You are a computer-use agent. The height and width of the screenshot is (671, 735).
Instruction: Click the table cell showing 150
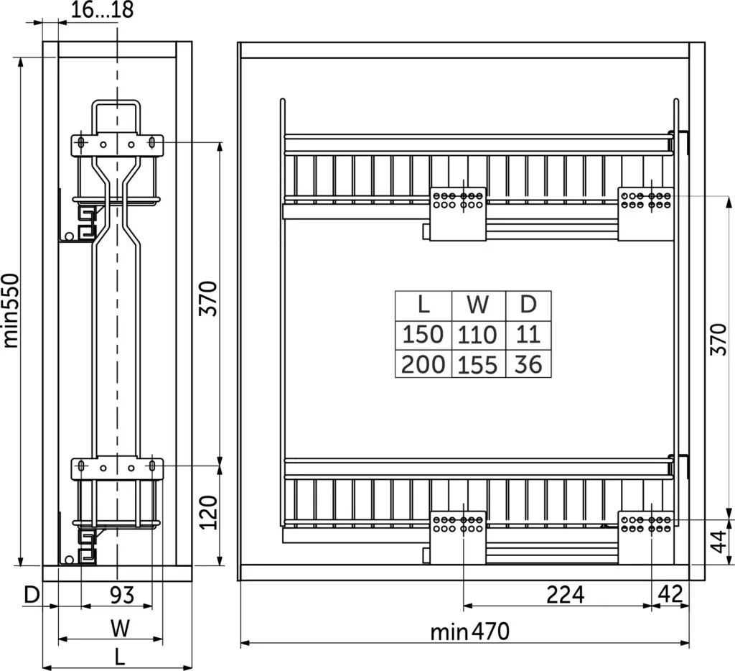(x=423, y=335)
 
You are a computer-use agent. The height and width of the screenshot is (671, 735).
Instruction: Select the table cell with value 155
(x=477, y=364)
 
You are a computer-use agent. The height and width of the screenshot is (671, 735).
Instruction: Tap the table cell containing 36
(x=528, y=364)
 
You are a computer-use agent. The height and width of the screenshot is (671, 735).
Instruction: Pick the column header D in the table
(x=528, y=305)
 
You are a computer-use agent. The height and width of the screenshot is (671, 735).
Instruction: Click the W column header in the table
(x=477, y=305)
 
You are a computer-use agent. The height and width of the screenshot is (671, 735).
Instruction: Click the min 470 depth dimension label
(x=469, y=631)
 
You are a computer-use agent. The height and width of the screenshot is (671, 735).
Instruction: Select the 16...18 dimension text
(x=102, y=9)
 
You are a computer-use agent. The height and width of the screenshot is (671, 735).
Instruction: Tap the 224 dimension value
(x=566, y=595)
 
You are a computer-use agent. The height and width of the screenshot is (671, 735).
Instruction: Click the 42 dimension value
(x=670, y=595)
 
